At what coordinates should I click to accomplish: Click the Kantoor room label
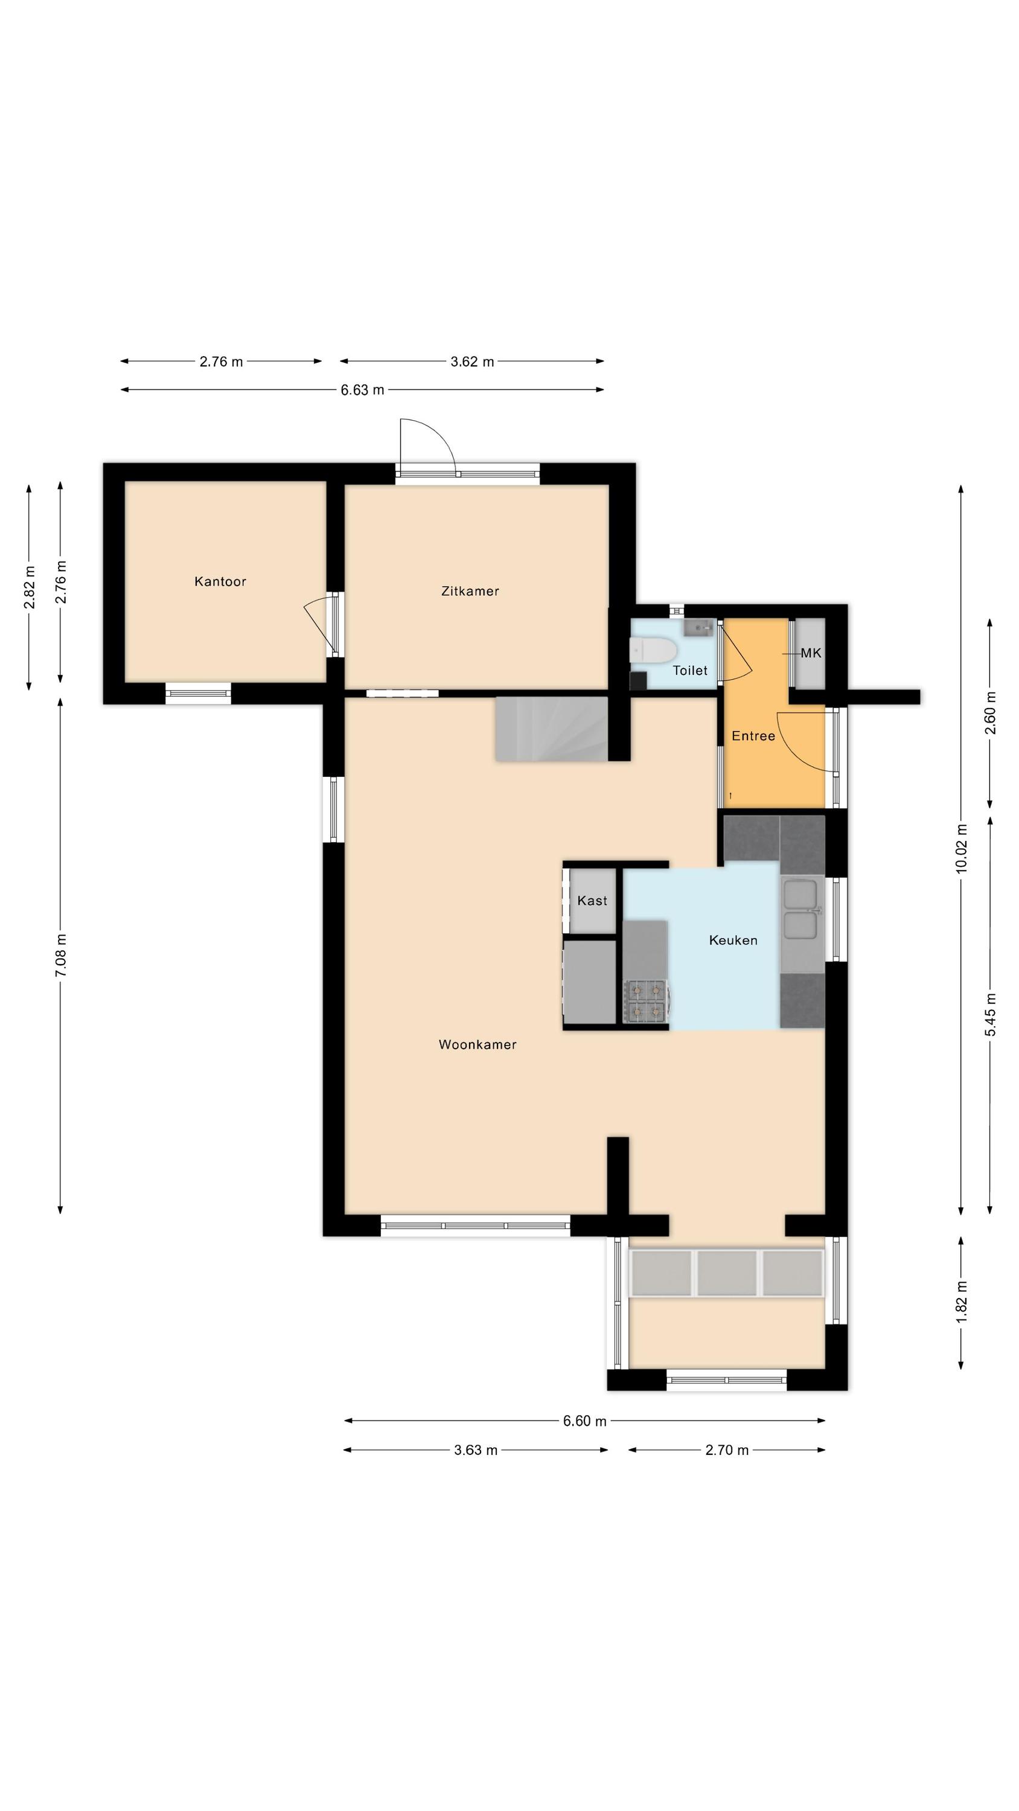(220, 581)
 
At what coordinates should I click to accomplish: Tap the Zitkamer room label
(470, 591)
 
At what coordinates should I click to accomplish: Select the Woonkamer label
(478, 1045)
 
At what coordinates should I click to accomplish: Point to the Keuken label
(733, 940)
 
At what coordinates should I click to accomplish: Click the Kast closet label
(592, 901)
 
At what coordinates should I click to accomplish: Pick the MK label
(811, 653)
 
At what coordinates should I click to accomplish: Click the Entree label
(753, 736)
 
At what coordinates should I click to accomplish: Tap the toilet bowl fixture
(653, 650)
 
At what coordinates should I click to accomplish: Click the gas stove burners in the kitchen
(645, 1001)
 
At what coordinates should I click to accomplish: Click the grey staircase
(551, 729)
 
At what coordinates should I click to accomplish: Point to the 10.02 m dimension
(961, 849)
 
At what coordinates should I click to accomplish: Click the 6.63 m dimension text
(362, 390)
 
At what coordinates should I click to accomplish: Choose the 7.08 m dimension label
(60, 955)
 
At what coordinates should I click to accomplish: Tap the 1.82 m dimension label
(961, 1302)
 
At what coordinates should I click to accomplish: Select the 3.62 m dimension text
(472, 362)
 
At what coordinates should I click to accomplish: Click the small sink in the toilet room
(698, 627)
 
